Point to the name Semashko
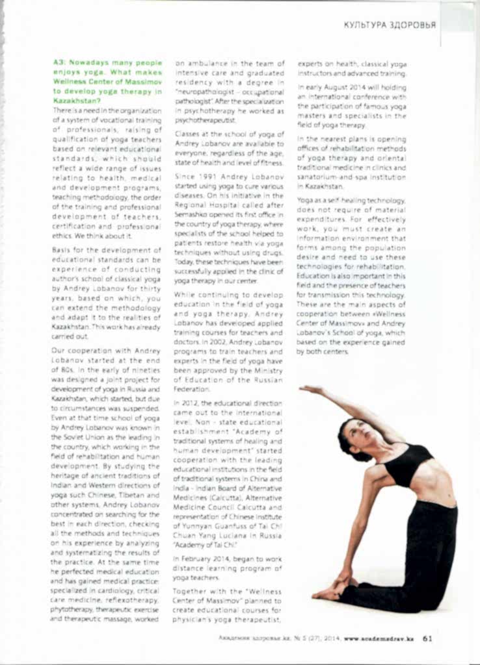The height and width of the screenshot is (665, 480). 193,214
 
